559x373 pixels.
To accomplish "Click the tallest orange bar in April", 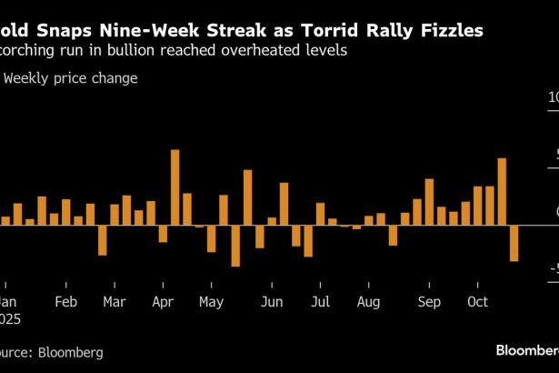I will coord(175,186).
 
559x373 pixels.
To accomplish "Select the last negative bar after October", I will coord(514,243).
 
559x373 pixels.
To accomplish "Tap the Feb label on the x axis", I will coord(65,301).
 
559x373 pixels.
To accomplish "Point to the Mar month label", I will coord(115,301).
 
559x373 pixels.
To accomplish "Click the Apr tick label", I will coord(164,301).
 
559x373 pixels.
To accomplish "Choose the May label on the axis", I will coord(211,301).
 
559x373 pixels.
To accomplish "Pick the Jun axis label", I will coord(271,301).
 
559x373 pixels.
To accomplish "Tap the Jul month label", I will coord(320,301).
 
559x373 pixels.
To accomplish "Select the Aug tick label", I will coord(368,301).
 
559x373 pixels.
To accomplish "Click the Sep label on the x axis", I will coord(429,301).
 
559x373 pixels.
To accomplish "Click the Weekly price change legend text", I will coord(71,78).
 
